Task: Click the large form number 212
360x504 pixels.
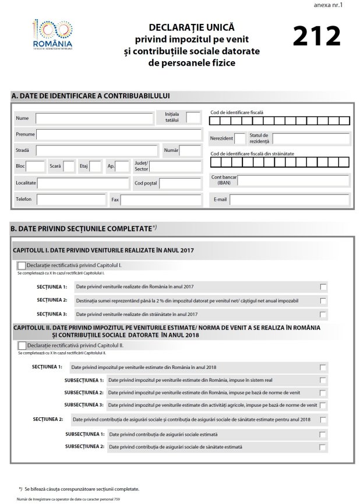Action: pyautogui.click(x=316, y=36)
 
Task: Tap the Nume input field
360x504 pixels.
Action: pyautogui.click(x=93, y=119)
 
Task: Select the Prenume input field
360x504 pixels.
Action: pyautogui.click(x=117, y=134)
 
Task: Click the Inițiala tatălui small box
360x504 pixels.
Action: pyautogui.click(x=193, y=118)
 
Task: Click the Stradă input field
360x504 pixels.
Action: pyautogui.click(x=96, y=151)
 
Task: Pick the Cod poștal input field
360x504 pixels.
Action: pyautogui.click(x=180, y=183)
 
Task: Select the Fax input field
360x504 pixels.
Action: pyautogui.click(x=160, y=200)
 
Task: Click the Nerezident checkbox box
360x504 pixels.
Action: pyautogui.click(x=239, y=139)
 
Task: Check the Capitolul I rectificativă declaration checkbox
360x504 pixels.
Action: pyautogui.click(x=22, y=265)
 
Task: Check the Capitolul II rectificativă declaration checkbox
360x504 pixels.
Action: pyautogui.click(x=22, y=346)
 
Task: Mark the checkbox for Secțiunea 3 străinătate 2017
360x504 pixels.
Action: pyautogui.click(x=323, y=314)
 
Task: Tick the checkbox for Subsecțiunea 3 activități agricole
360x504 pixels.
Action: pyautogui.click(x=323, y=404)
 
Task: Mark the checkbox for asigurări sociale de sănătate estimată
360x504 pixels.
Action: pyautogui.click(x=323, y=447)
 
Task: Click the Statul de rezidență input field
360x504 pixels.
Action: pyautogui.click(x=311, y=139)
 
